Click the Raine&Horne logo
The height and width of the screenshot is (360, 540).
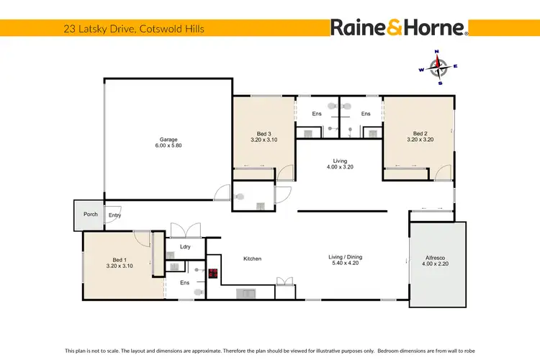[400, 28]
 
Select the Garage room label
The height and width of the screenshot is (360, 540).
[168, 140]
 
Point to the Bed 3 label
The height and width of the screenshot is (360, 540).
[264, 133]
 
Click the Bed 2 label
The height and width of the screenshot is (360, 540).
[420, 133]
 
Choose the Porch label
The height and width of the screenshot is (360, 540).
[91, 215]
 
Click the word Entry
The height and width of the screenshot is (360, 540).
[114, 215]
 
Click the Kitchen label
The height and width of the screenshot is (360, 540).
[252, 258]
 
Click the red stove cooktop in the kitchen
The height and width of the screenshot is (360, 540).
[213, 273]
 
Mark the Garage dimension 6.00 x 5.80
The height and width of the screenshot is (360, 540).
[168, 146]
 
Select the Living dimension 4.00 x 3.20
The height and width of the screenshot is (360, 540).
[339, 167]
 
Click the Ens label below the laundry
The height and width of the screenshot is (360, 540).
[184, 283]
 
